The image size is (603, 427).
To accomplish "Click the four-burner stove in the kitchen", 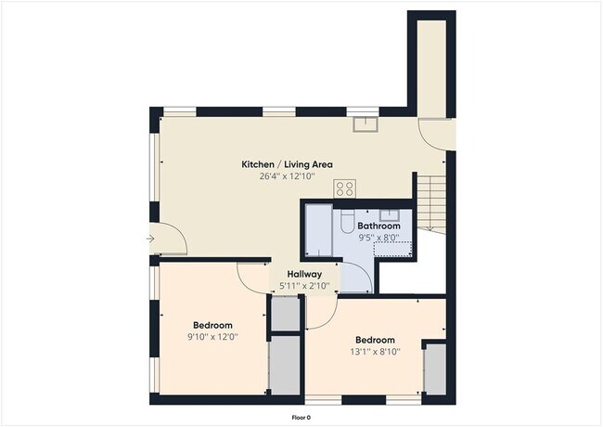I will [x=345, y=188].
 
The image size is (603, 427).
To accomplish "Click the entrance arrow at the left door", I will [x=150, y=239].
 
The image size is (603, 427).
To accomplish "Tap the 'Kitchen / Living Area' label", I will [x=287, y=164].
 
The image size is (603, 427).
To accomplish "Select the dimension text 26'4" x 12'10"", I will [x=287, y=176].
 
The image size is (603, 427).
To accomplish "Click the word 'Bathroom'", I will [x=378, y=226].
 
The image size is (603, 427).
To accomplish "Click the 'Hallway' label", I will [x=303, y=275].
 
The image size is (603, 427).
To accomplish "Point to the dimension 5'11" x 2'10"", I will [x=303, y=286].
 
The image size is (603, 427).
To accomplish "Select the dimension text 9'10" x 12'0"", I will [x=212, y=337].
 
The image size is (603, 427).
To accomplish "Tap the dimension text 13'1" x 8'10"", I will [x=375, y=352].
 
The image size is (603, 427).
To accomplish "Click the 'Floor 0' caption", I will [x=301, y=417].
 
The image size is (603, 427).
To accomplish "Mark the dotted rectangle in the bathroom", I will [x=393, y=248].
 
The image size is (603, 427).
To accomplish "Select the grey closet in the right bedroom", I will [x=434, y=369].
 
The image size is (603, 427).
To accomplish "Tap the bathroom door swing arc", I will [x=357, y=277].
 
